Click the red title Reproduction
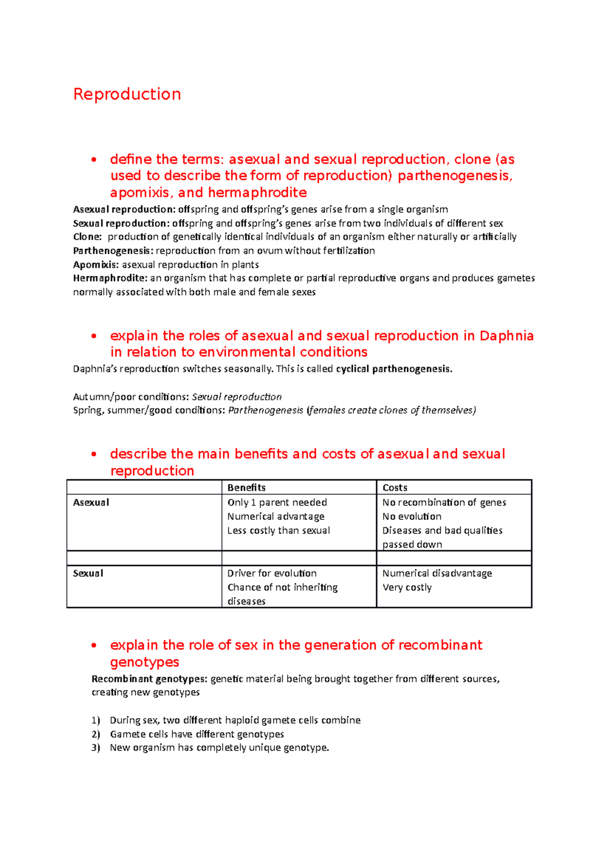click(127, 94)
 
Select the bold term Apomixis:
click(96, 265)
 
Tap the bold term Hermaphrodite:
click(110, 278)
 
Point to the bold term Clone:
click(87, 237)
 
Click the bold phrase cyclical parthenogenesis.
click(394, 369)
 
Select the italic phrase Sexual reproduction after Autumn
click(236, 397)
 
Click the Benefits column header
click(247, 487)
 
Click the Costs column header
click(395, 487)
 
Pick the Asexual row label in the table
click(91, 502)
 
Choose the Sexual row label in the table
click(88, 573)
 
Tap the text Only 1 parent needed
click(277, 502)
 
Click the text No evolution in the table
click(412, 516)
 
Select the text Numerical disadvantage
click(437, 573)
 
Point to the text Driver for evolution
click(272, 573)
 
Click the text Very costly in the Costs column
click(407, 588)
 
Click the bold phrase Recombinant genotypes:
click(149, 679)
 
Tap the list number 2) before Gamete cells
click(96, 734)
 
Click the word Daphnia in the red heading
click(506, 336)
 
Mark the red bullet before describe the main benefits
click(94, 454)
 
